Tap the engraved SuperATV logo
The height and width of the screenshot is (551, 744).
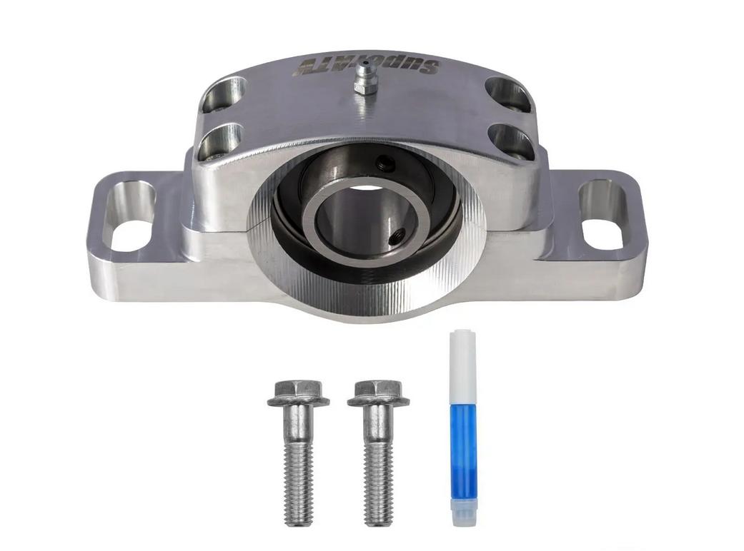(x=367, y=66)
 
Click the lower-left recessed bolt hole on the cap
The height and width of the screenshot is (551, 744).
(x=220, y=141)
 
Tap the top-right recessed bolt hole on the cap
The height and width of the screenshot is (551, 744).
(x=507, y=95)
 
